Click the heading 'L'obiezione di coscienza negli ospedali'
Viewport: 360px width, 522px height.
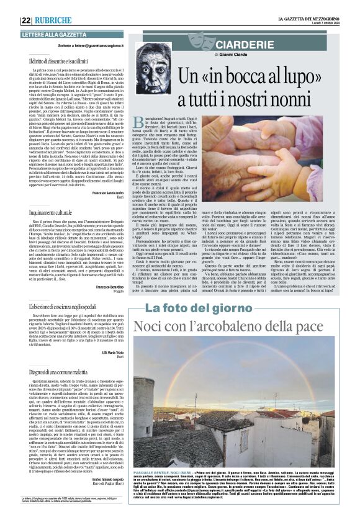click(71, 308)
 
